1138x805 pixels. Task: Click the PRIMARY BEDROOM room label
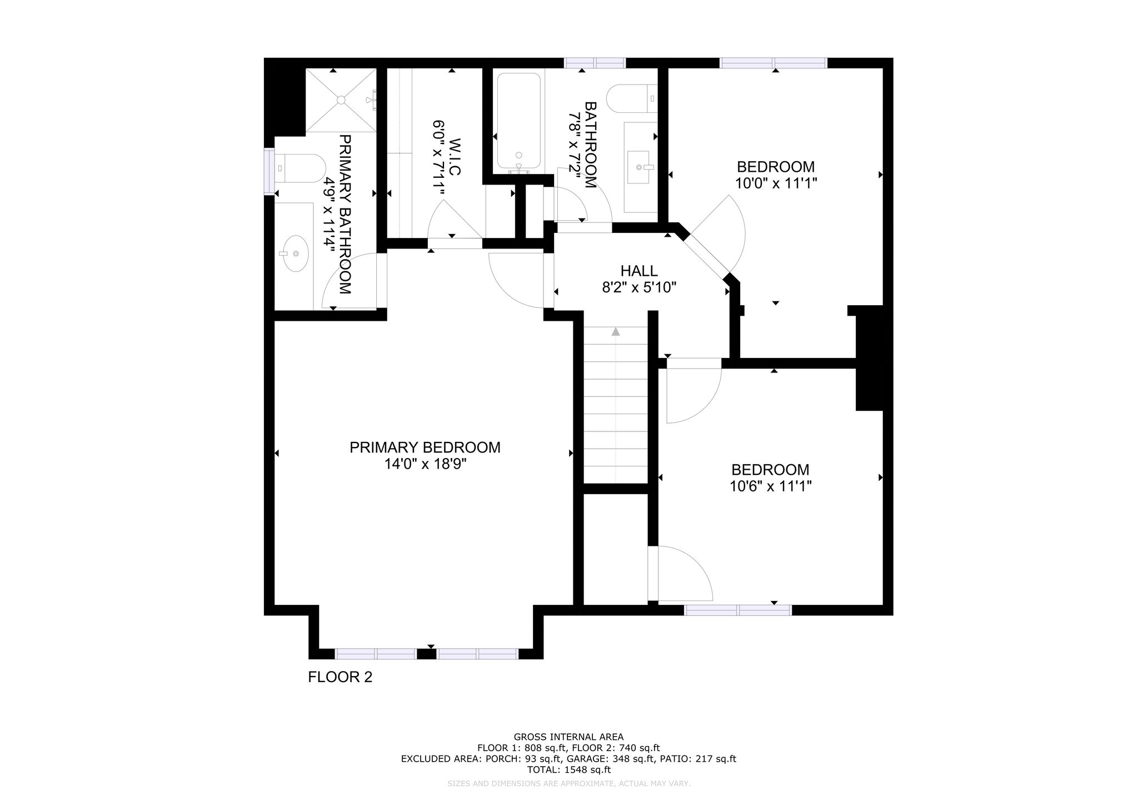425,448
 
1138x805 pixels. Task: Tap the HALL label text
639,271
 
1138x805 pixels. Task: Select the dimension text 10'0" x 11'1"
776,183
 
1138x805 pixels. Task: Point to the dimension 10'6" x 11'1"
771,486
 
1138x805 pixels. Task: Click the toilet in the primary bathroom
300,168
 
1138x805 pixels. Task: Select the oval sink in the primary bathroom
295,254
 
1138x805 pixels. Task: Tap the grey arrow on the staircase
616,332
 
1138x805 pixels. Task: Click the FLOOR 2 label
340,677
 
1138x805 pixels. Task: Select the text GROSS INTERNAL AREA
568,738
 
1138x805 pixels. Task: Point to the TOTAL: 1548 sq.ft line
568,770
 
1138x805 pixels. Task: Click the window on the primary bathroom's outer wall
269,171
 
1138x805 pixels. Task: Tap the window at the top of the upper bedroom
773,63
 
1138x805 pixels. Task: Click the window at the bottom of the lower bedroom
738,610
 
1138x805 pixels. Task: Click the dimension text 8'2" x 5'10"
640,287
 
